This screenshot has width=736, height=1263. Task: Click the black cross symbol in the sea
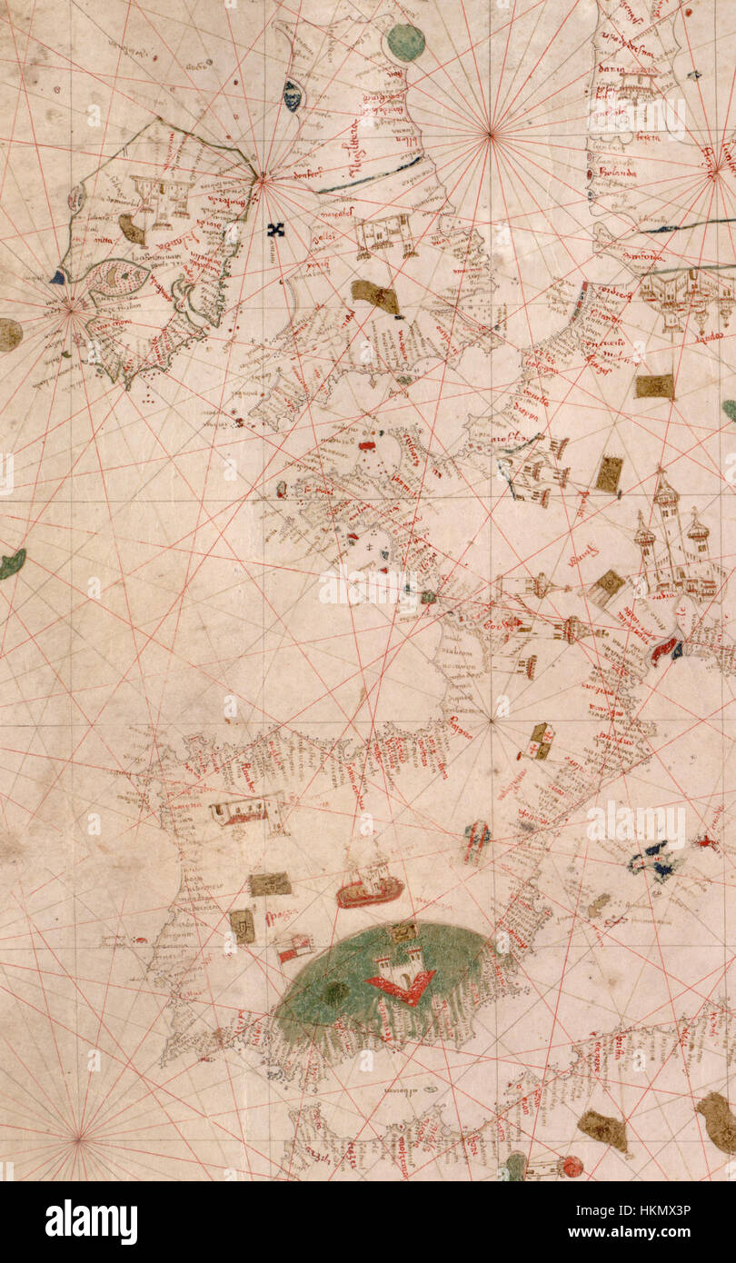[x=275, y=230]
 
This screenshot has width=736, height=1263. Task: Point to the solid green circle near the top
[x=405, y=42]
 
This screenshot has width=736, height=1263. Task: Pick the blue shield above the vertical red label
[x=292, y=94]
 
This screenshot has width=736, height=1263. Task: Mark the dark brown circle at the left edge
[x=9, y=334]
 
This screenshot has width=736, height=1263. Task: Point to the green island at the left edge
[x=11, y=564]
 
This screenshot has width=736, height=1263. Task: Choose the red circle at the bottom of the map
[x=572, y=1166]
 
